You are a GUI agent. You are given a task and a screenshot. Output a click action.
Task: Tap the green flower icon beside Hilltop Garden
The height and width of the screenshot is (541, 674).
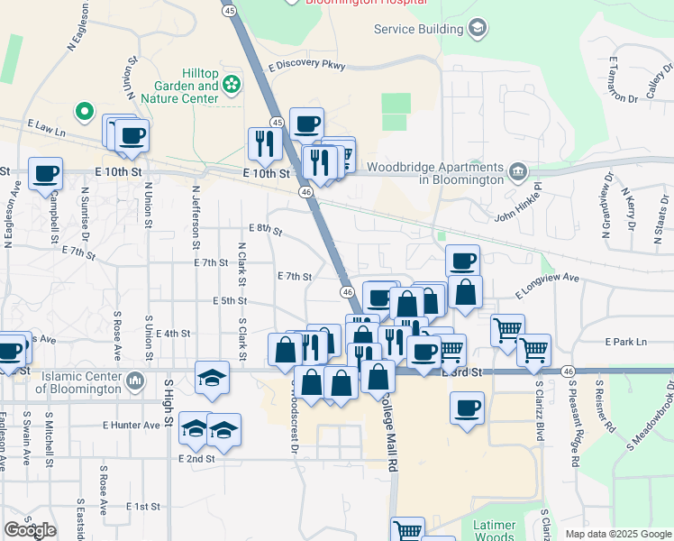coord(232,84)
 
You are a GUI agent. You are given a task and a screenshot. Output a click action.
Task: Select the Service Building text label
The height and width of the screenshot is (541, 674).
coord(419,29)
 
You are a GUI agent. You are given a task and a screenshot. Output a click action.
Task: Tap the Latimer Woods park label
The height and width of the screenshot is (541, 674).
coord(495,530)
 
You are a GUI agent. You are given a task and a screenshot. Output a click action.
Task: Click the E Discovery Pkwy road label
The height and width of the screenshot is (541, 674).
coord(306,66)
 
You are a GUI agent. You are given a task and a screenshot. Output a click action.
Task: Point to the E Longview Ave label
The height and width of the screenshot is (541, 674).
coord(547,287)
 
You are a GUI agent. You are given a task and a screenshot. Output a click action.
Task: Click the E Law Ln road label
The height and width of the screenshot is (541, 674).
coord(47,128)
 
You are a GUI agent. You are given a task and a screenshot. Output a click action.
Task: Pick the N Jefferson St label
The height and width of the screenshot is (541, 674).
coord(196,217)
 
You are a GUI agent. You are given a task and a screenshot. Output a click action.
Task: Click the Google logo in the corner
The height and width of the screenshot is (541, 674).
coord(30,530)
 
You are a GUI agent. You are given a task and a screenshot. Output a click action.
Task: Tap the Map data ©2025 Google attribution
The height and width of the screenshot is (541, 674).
coord(618,534)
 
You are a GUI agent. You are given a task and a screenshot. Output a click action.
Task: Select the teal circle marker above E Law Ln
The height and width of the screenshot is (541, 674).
coord(84,112)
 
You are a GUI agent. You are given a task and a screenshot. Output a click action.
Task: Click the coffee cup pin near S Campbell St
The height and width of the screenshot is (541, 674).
coord(45,173)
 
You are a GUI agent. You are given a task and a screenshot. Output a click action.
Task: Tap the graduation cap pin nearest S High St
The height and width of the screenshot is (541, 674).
coord(213,376)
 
